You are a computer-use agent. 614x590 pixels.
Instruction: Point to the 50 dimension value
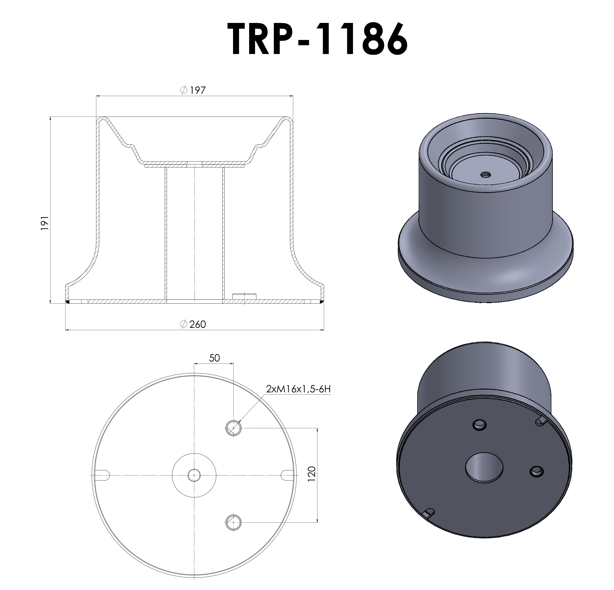tap(214, 358)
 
